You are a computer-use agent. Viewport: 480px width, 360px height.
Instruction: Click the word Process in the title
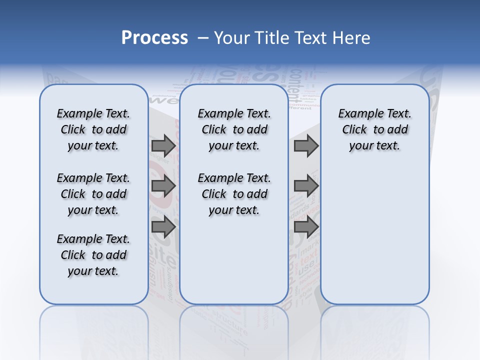pos(154,38)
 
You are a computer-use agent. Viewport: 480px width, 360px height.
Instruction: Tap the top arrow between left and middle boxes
pos(163,146)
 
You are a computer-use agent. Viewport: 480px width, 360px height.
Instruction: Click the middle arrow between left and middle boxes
pos(163,186)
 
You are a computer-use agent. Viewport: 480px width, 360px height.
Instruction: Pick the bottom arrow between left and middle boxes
pos(163,227)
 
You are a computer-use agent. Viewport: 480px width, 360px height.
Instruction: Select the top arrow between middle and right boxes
pos(306,146)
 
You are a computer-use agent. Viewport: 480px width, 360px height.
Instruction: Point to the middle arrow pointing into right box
pos(306,186)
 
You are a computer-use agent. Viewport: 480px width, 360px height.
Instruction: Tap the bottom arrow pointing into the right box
pos(306,227)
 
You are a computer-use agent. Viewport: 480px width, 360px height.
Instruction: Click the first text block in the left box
pos(93,129)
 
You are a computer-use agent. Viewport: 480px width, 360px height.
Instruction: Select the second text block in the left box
pos(93,194)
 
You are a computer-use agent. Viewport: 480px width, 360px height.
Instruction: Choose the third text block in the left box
pos(93,255)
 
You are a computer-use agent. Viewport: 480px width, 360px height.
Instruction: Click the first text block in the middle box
pos(234,129)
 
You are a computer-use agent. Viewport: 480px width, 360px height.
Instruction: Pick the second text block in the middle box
pos(234,194)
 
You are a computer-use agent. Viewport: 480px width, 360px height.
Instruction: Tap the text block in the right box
pos(375,129)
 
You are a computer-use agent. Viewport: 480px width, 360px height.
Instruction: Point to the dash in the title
pos(203,38)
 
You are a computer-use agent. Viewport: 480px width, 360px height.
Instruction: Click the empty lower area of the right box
pos(375,235)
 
